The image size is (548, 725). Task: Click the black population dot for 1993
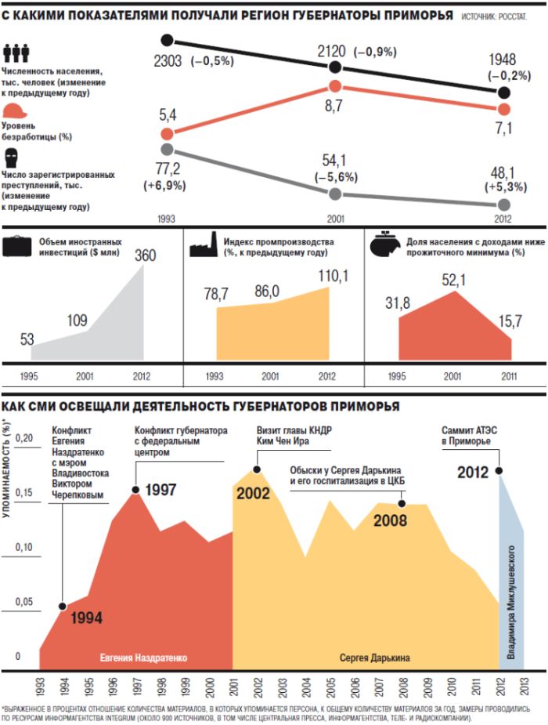pos(166,40)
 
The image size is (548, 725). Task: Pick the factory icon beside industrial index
pos(204,247)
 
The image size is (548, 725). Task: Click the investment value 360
pos(146,256)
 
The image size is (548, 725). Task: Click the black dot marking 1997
pos(135,490)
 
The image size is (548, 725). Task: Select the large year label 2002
pos(252,493)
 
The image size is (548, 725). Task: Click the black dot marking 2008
pos(402,504)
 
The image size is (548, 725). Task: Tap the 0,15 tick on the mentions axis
pos(24,492)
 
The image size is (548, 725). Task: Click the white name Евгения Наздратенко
pos(144,658)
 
